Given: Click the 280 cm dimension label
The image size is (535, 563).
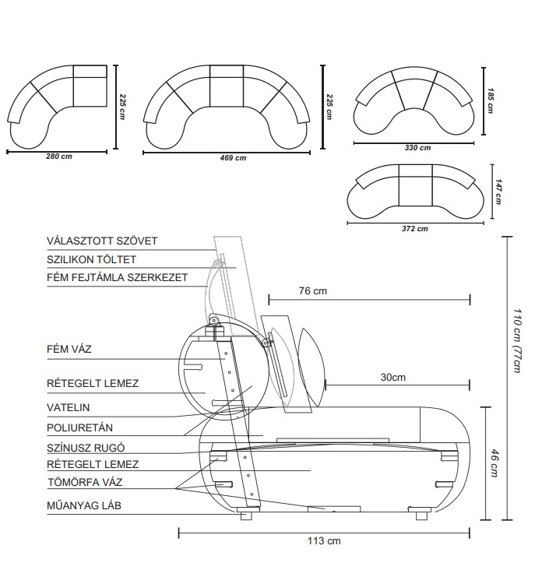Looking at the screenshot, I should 59,157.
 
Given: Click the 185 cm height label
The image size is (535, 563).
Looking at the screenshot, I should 490,100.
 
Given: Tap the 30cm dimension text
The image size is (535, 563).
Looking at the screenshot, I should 392,378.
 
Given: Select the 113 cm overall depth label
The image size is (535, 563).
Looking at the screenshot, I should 325,540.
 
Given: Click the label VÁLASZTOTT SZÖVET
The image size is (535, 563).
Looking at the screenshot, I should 102,241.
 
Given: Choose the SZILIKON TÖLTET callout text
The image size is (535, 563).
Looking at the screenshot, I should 92,259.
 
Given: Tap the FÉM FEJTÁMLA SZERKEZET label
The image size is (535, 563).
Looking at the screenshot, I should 117,277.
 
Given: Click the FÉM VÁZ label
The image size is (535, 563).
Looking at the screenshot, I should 69,349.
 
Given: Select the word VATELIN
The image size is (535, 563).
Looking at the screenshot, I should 69,407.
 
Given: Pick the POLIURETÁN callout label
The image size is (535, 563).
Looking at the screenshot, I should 81,428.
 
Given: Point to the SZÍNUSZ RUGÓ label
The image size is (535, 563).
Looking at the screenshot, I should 86,448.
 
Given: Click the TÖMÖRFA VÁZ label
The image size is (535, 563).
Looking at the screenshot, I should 84,482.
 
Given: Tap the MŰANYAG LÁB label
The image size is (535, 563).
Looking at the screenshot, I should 84,506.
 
